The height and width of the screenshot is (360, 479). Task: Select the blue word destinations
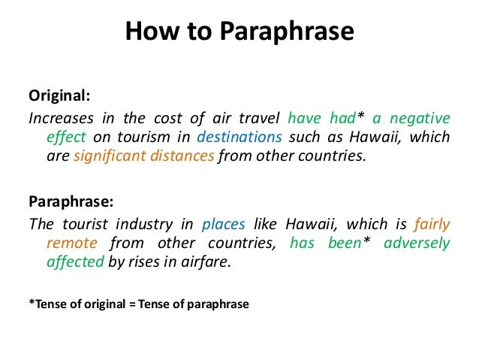[239, 138]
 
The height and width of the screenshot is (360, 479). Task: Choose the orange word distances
[183, 157]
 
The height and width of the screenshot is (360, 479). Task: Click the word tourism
[150, 138]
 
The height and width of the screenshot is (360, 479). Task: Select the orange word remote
[68, 243]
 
